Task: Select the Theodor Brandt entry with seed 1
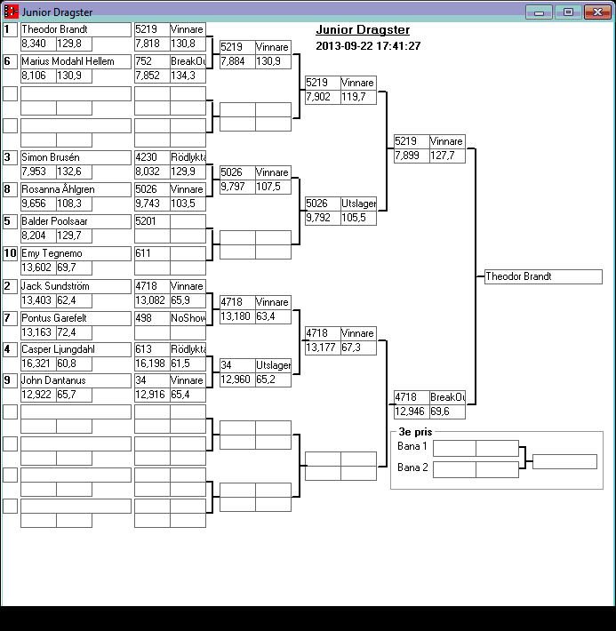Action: (76, 29)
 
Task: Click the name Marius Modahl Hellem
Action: (76, 61)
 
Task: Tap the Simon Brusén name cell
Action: (76, 157)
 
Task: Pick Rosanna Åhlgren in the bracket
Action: (76, 189)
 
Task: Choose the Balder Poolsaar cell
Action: (76, 221)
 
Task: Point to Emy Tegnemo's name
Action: (76, 253)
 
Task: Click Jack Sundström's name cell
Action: (76, 286)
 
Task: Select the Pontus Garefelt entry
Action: (76, 317)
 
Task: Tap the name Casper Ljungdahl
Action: (76, 349)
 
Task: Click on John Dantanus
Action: (76, 380)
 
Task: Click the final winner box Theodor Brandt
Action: (543, 276)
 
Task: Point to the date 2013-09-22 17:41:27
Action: (368, 46)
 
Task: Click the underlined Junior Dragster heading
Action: (363, 30)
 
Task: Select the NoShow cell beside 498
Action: (188, 317)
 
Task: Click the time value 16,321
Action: (38, 363)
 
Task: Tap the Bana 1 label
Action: (412, 446)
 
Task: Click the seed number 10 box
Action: (10, 253)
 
